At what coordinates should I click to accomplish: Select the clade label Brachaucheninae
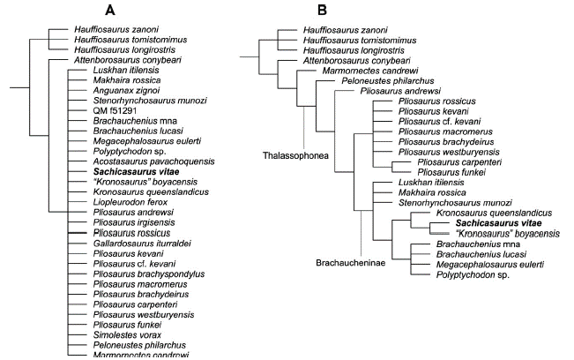[350, 263]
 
